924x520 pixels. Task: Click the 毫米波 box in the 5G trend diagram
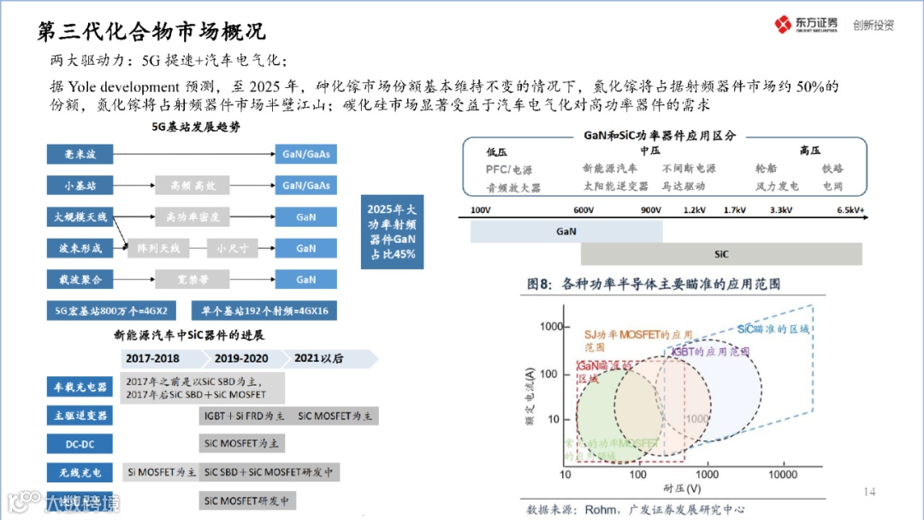point(80,154)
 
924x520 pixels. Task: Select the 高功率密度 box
point(187,216)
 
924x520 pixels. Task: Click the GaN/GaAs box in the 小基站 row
point(305,186)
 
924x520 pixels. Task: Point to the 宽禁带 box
point(187,280)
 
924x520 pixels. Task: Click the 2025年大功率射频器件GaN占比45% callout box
point(392,232)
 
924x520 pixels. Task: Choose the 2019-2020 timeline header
point(241,358)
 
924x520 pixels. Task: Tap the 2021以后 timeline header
point(318,358)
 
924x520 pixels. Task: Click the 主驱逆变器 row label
point(80,416)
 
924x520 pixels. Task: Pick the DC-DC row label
point(80,444)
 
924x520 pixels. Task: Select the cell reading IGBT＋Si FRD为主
point(244,416)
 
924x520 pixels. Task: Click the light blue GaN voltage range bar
point(566,231)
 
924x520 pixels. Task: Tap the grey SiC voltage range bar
point(721,254)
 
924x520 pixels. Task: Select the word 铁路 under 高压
point(832,168)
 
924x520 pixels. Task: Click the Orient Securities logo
point(805,25)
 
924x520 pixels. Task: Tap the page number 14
point(869,491)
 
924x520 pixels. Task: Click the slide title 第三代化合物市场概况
point(152,32)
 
